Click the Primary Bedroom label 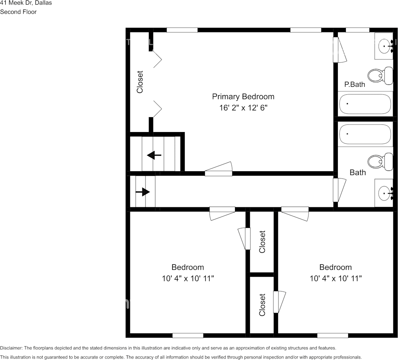[243, 97]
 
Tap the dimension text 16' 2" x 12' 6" [243, 108]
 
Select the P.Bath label [355, 84]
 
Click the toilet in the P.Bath [381, 75]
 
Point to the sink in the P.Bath [384, 46]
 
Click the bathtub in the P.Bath [365, 104]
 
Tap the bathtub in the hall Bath [365, 134]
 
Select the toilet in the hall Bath [381, 162]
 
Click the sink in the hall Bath [384, 193]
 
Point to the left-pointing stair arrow [154, 155]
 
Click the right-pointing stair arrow [143, 192]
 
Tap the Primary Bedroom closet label [140, 82]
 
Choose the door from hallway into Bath [339, 190]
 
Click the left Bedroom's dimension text [188, 279]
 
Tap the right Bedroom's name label [335, 267]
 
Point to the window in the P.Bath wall [357, 30]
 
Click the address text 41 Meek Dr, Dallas [26, 3]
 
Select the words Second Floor [18, 12]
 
